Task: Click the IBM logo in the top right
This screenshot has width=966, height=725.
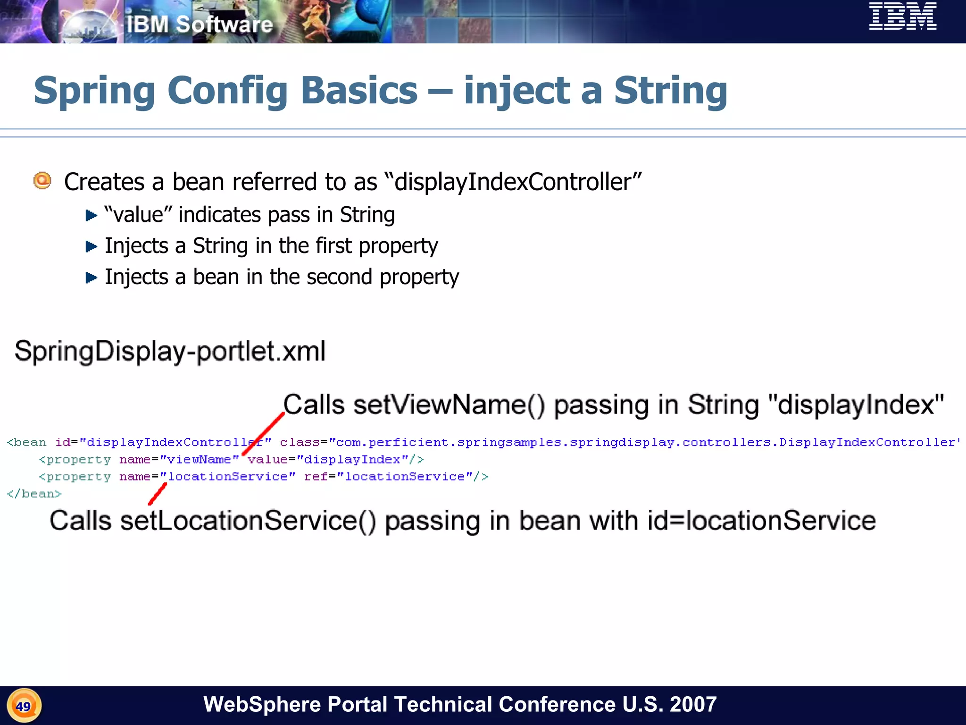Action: pyautogui.click(x=902, y=17)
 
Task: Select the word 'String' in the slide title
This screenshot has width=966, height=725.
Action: pyautogui.click(x=670, y=90)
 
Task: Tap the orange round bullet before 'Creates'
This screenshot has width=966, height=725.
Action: pyautogui.click(x=42, y=181)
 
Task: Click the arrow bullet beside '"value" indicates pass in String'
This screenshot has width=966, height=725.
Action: pyautogui.click(x=91, y=216)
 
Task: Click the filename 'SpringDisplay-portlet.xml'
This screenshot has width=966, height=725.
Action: pyautogui.click(x=170, y=351)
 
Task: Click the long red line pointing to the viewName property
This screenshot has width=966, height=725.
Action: pyautogui.click(x=263, y=434)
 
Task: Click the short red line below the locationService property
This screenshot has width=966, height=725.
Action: pyautogui.click(x=158, y=494)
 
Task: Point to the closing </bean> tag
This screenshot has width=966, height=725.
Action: pyautogui.click(x=34, y=494)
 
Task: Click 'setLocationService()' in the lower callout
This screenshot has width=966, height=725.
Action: pyautogui.click(x=248, y=521)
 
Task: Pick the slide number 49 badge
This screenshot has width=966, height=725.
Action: pyautogui.click(x=24, y=706)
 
